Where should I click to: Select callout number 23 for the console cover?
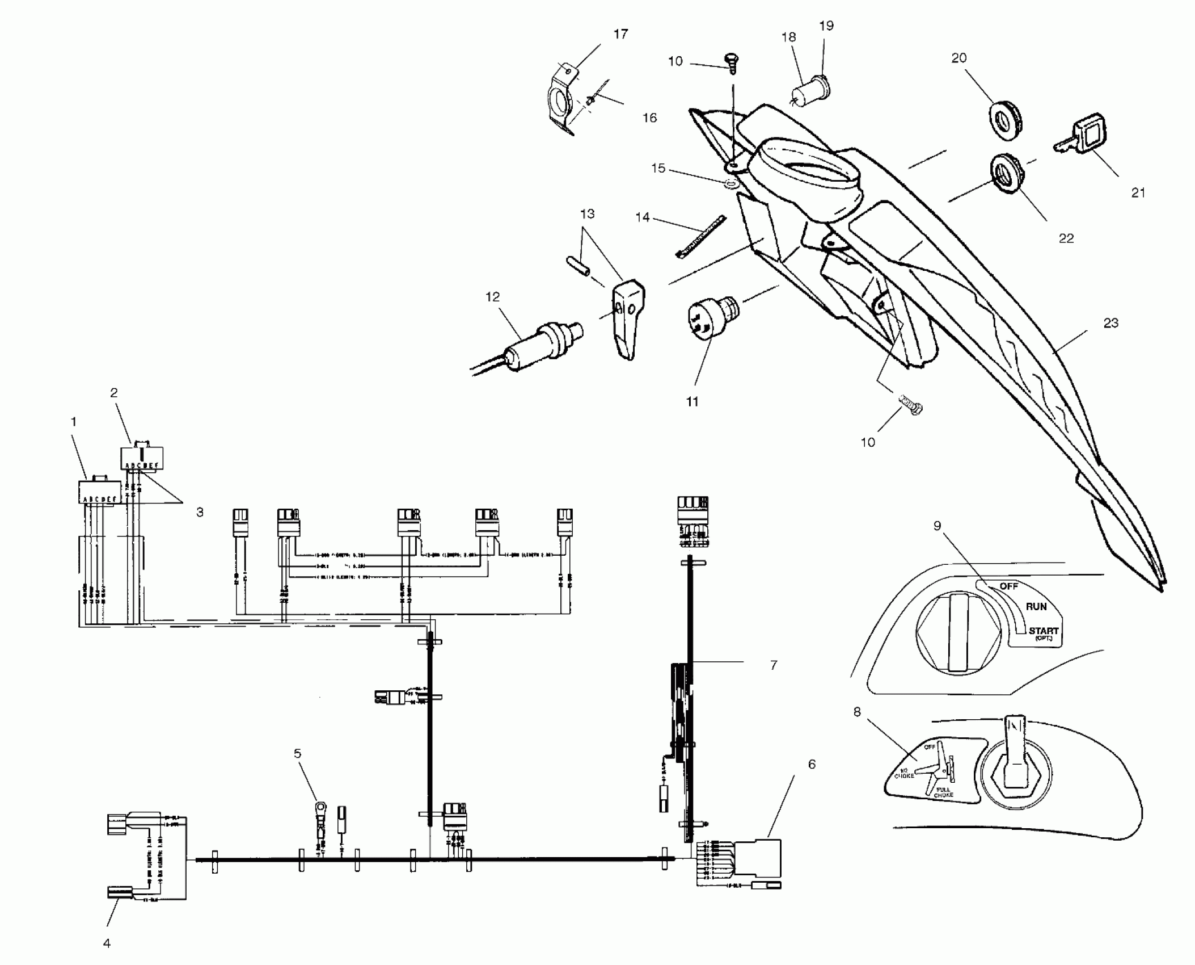point(1110,323)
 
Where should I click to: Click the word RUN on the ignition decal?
point(1036,607)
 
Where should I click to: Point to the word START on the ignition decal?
point(1044,631)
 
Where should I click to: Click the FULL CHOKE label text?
point(943,792)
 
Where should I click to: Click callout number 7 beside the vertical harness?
point(773,665)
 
